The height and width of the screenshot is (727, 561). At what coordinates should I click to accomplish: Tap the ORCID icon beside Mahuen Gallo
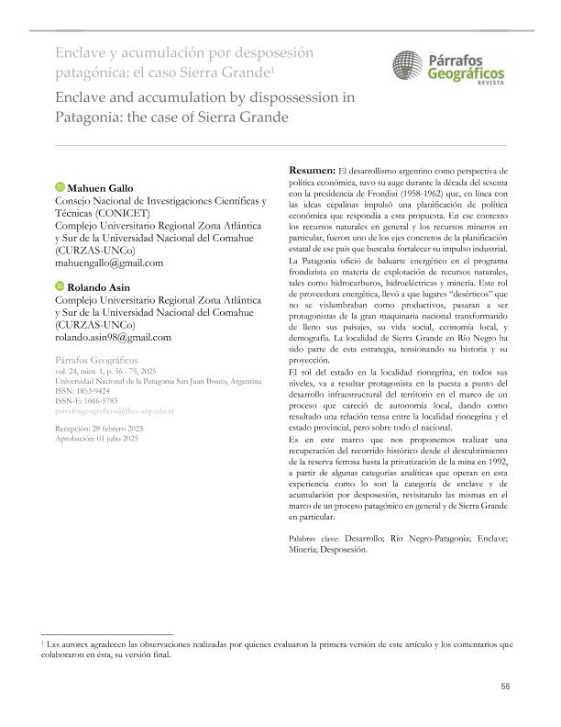(x=60, y=188)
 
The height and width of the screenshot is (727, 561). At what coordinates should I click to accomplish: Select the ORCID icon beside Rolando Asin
(x=60, y=287)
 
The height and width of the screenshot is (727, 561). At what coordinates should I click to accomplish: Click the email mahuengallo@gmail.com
(x=110, y=263)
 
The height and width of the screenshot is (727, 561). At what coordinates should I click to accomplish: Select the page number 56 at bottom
(x=505, y=687)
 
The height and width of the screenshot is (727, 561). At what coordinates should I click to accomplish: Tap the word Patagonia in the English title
(x=62, y=117)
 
